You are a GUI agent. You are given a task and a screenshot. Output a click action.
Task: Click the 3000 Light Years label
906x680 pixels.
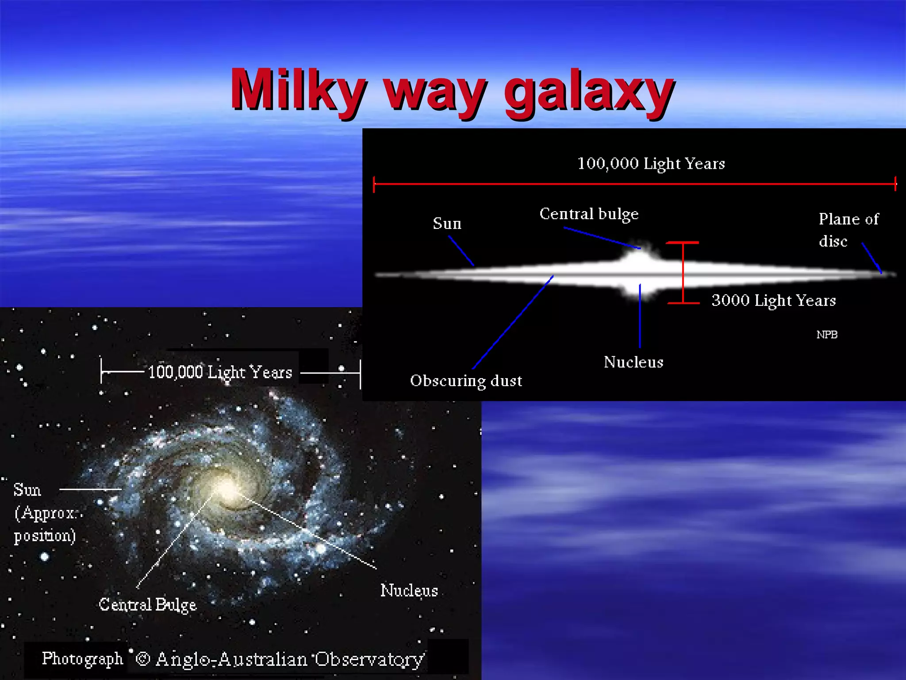(x=773, y=301)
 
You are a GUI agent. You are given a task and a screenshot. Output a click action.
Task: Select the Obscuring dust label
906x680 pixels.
(x=466, y=381)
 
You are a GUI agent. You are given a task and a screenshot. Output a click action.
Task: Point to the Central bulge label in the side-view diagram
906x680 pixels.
(x=589, y=214)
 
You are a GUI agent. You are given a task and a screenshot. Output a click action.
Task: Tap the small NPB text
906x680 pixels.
(x=826, y=335)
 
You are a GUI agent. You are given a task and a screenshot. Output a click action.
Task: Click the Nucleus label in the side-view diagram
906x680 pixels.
(x=633, y=362)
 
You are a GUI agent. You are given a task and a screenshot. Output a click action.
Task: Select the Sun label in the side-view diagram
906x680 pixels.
(x=447, y=224)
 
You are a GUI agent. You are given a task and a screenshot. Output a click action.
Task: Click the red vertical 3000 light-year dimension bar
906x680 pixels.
(x=683, y=272)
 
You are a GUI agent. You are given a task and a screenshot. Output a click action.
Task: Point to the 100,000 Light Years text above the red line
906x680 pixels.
(x=651, y=164)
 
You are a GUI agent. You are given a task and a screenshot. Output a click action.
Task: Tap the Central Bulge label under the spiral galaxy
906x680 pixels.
(x=147, y=605)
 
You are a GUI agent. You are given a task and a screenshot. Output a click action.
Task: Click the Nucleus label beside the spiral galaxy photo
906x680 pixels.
(x=409, y=591)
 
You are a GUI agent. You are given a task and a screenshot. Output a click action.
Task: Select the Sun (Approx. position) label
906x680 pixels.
(x=44, y=513)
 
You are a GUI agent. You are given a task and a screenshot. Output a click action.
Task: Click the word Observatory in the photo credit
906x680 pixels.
(x=369, y=659)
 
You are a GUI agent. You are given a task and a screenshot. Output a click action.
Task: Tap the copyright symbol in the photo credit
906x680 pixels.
(x=142, y=659)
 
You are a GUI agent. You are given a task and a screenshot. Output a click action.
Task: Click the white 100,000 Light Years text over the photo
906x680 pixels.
(x=220, y=372)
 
